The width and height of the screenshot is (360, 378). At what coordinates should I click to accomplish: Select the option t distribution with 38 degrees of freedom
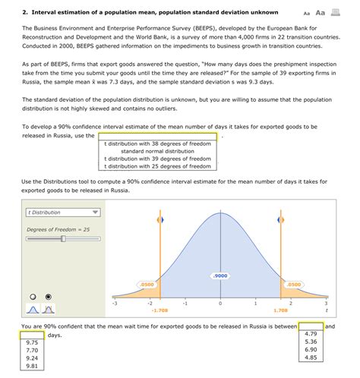(x=157, y=143)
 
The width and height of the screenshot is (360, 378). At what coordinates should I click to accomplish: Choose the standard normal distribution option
(x=157, y=151)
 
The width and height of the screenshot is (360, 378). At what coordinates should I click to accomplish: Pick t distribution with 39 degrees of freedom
(x=157, y=159)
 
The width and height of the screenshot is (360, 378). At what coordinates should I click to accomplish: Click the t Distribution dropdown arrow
(x=95, y=213)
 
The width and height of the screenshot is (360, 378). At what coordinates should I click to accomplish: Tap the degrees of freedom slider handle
(x=63, y=238)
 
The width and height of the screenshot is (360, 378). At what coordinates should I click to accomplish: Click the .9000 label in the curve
(x=220, y=276)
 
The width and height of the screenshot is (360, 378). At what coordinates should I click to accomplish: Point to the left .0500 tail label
(x=147, y=285)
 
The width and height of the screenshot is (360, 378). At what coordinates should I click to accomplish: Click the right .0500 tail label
(x=294, y=285)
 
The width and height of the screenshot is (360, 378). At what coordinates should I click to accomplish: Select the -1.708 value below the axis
(x=159, y=310)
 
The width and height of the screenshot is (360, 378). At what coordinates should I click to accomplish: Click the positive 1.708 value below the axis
(x=280, y=310)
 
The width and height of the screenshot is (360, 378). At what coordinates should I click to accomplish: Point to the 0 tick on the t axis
(x=220, y=303)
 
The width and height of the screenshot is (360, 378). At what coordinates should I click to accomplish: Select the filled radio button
(x=49, y=297)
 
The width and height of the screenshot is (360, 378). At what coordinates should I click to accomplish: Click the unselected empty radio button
(x=33, y=297)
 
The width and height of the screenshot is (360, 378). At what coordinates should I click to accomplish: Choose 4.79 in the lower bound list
(x=311, y=334)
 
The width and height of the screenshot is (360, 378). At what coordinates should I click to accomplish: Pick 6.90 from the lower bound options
(x=311, y=350)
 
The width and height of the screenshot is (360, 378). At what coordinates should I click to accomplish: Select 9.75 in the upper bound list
(x=32, y=342)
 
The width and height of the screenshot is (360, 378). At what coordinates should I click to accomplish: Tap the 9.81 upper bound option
(x=32, y=366)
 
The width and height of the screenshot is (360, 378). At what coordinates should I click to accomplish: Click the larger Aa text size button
(x=321, y=13)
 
